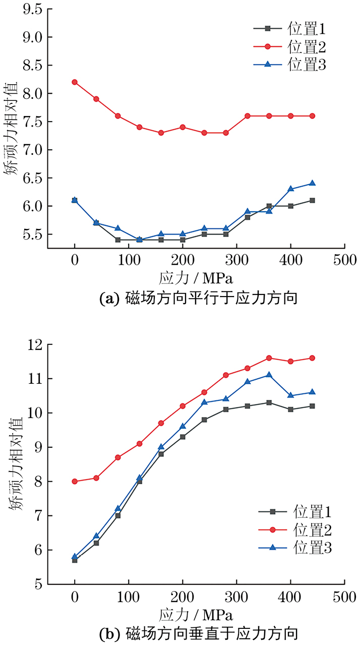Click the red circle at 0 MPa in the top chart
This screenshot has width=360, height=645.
click(75, 82)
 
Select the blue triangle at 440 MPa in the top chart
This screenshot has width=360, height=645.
click(312, 183)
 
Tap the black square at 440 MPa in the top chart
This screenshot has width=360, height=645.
click(312, 200)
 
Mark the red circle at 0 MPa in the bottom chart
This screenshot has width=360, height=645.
click(75, 482)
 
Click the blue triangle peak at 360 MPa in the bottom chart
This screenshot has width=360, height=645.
click(269, 375)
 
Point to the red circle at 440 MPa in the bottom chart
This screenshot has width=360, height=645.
click(312, 358)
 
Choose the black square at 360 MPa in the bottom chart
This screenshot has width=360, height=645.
click(269, 402)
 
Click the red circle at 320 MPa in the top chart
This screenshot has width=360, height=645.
click(248, 116)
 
